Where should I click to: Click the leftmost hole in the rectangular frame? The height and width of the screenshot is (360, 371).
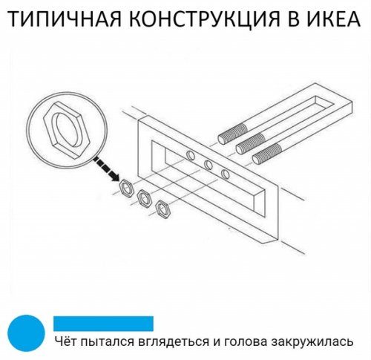click(191, 155)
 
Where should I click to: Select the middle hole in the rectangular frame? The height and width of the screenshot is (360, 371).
click(209, 164)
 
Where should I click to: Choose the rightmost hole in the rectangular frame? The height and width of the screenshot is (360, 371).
click(226, 174)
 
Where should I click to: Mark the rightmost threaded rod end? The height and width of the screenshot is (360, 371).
click(269, 154)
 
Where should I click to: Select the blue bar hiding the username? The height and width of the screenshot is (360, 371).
click(103, 323)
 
